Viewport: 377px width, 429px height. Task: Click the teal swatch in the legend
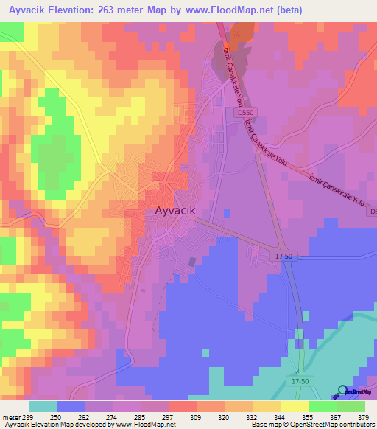(43, 406)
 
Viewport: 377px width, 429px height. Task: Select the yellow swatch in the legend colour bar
(295, 406)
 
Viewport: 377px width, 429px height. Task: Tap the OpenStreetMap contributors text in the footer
(334, 425)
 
